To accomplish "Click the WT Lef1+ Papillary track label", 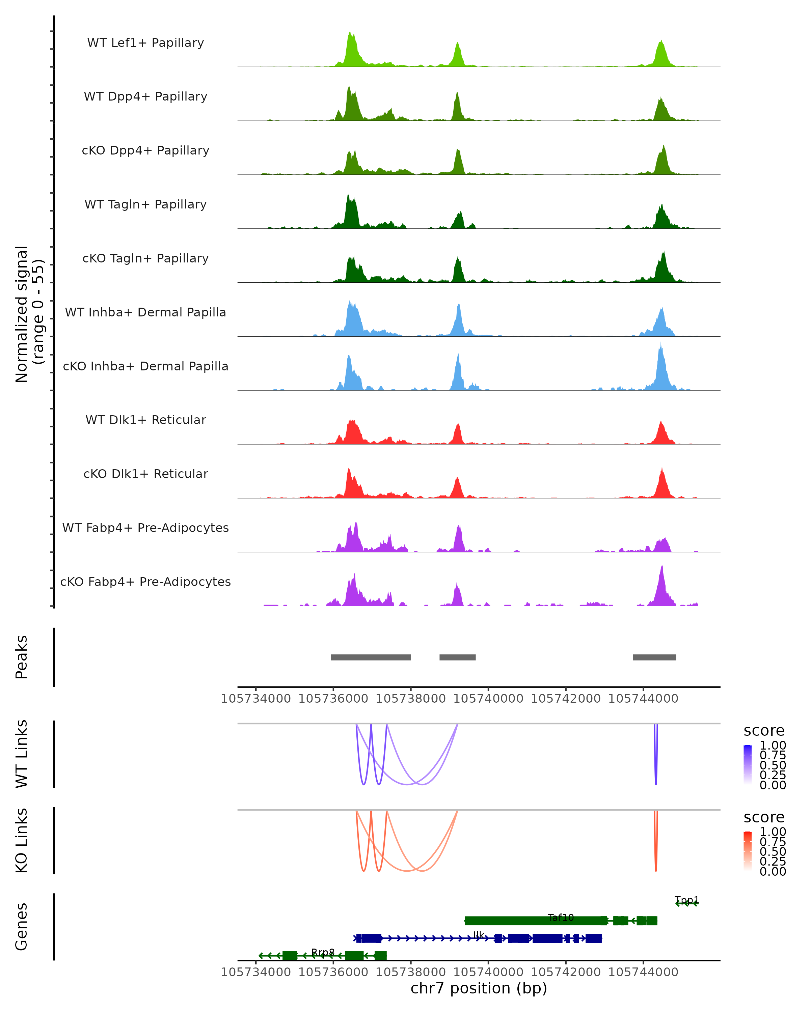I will [x=145, y=43].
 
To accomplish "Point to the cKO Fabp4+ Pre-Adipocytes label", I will [x=145, y=582].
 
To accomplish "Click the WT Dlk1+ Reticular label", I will [x=145, y=420].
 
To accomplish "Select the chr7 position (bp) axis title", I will [x=479, y=988].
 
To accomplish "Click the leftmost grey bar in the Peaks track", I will [x=371, y=657].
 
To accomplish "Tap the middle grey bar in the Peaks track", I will [x=457, y=657].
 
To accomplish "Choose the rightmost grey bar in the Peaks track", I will [x=654, y=657].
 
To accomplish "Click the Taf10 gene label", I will [x=561, y=918].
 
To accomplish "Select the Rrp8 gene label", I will [x=323, y=952].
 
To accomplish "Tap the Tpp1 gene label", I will [x=686, y=900].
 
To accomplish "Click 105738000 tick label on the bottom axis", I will [x=411, y=972].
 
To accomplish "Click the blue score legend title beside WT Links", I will [x=764, y=731].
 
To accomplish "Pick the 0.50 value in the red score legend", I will [x=773, y=851].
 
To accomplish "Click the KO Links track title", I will [x=22, y=840].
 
